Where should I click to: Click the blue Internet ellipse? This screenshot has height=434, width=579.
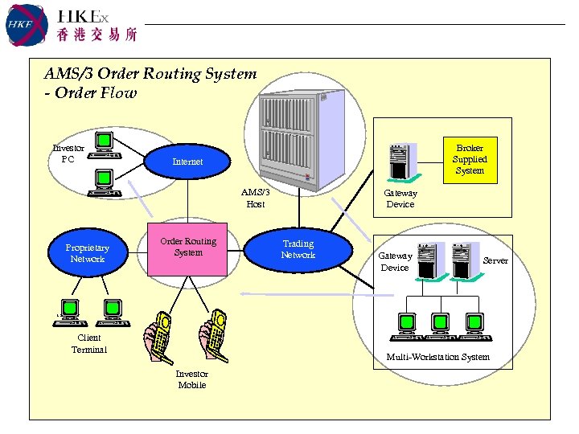point(188,162)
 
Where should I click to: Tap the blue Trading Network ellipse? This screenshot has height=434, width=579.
point(298,249)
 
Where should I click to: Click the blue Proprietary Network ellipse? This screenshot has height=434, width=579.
point(88,253)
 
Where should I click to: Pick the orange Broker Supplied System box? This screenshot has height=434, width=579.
point(470,159)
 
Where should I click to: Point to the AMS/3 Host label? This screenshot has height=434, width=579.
point(256,199)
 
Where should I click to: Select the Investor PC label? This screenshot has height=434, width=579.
point(68,153)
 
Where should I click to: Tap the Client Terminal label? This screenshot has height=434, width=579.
point(88,343)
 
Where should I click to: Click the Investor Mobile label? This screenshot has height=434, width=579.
point(192,379)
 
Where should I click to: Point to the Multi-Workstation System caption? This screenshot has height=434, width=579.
point(437,357)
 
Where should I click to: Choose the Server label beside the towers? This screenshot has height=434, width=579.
point(495,260)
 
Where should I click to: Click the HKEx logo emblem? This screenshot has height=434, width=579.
point(24,24)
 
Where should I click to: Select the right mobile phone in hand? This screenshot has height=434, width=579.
point(216,331)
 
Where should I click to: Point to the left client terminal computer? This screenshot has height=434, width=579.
point(69,313)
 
